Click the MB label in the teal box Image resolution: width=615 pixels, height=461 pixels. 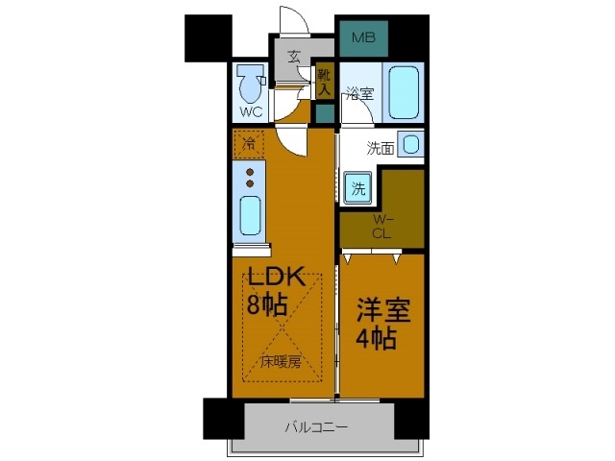point(362,38)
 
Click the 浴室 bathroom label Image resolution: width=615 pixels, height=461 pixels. point(359,94)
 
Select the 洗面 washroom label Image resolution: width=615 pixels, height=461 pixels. point(381,148)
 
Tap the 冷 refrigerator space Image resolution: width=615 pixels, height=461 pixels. point(249,145)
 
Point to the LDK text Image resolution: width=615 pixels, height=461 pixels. point(278,279)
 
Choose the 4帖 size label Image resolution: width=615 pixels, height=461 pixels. point(379,340)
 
